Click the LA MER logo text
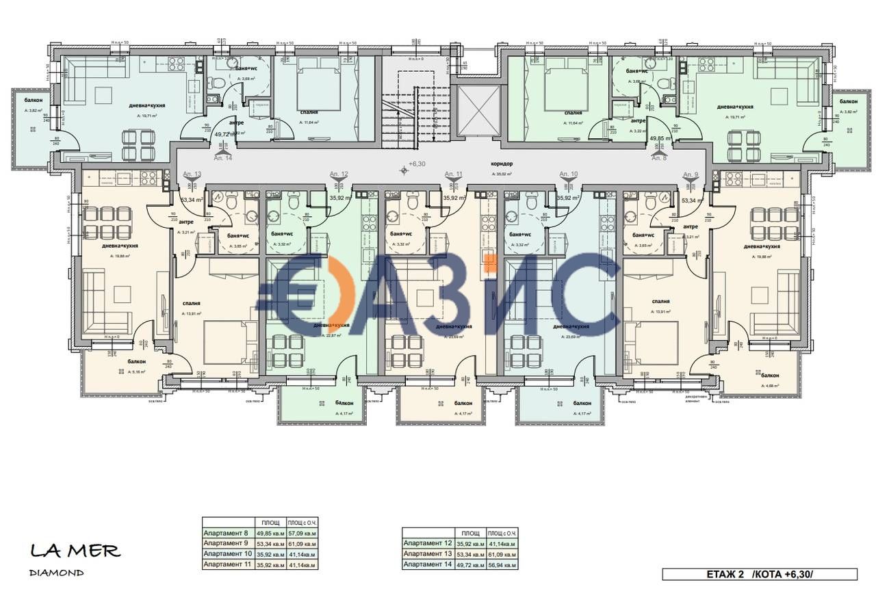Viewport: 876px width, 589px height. tap(75, 550)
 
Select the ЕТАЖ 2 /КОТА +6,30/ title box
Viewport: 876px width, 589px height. tap(759, 573)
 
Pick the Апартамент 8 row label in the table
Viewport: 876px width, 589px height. tap(226, 532)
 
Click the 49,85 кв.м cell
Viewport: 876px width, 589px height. tap(269, 532)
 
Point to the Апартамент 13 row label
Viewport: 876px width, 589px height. tap(426, 553)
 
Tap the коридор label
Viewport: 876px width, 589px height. tap(502, 164)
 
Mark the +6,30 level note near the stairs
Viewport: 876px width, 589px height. tap(417, 164)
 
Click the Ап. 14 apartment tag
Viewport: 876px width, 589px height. tap(223, 157)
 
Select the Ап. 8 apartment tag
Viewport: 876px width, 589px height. tap(659, 158)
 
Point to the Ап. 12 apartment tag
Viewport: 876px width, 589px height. tap(339, 174)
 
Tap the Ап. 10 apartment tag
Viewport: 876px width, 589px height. tap(569, 174)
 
